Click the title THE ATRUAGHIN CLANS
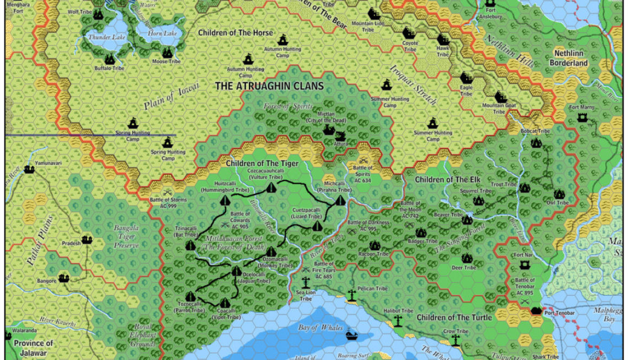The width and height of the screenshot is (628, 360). pos(269,86)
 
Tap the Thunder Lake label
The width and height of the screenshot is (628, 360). pos(100,37)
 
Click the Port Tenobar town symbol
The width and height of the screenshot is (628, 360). pos(537,311)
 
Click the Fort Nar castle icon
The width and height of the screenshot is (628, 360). pos(524,265)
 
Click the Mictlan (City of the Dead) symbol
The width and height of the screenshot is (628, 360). pos(328,130)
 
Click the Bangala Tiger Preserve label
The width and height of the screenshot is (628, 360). pos(126,237)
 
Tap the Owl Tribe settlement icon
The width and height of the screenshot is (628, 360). pos(559,194)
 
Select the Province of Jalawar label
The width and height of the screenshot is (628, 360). pos(34,346)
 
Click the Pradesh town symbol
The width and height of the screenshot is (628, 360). pos(87,239)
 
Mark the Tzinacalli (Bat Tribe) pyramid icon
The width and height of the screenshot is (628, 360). pos(190,246)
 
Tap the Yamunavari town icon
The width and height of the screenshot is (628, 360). pos(29,169)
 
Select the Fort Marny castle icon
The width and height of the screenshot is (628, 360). pos(582,117)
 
